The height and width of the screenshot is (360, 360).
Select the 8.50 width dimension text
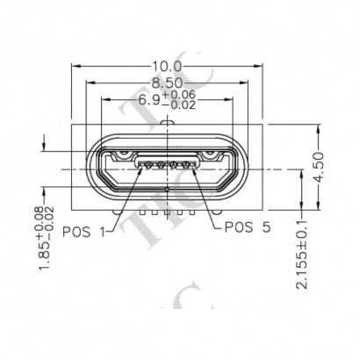[x=167, y=83]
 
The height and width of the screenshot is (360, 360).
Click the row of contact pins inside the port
[x=168, y=164]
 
